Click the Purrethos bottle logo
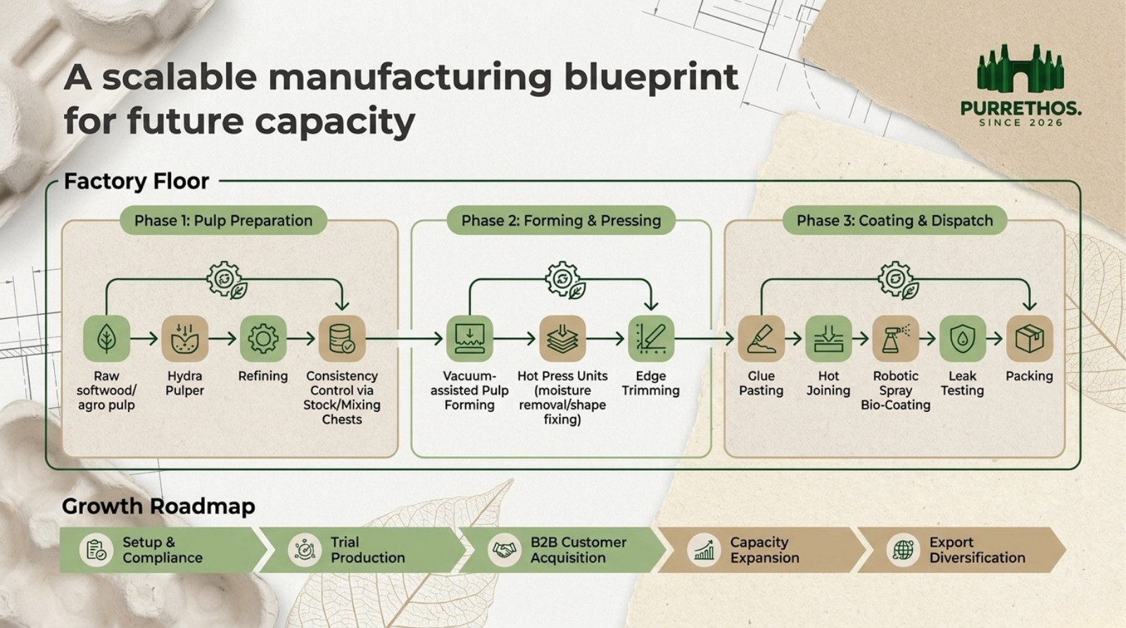point(1020,68)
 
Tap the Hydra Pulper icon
point(184,339)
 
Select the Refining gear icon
point(263,339)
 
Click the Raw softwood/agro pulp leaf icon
point(106,339)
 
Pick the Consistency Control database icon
point(342,339)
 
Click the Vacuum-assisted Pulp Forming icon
point(469,339)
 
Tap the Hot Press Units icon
point(562,339)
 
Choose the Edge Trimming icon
point(651,339)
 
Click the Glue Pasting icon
point(761,339)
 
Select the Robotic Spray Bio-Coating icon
point(895,339)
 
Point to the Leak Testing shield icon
point(962,339)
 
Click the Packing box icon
point(1030,339)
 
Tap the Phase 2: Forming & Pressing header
point(561,220)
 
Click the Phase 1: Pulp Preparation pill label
point(223,220)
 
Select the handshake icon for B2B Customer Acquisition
point(504,550)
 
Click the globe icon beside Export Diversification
point(904,550)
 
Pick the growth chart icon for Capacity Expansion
point(704,550)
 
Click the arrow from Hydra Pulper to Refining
point(222,339)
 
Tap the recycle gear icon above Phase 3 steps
point(898,281)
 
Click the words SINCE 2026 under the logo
point(1021,122)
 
